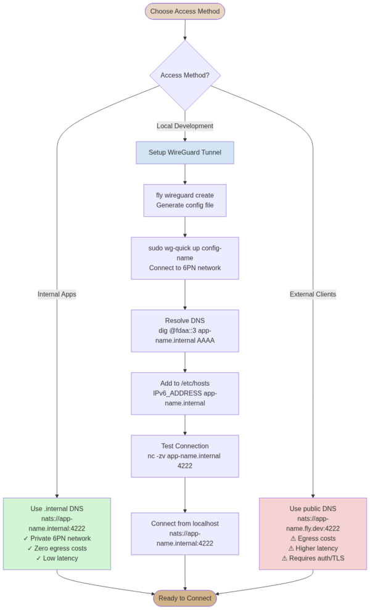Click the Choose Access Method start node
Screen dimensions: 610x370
185,11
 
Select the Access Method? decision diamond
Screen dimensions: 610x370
185,75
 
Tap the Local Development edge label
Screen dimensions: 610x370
185,126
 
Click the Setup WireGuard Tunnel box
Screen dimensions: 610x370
185,152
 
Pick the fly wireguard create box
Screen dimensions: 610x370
185,200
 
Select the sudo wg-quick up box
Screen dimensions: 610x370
185,258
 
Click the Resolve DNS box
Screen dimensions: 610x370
185,330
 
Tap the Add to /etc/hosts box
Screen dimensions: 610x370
185,393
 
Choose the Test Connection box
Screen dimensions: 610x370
185,456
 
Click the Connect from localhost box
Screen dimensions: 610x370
185,534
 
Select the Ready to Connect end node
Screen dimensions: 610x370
185,598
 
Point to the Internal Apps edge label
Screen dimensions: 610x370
57,295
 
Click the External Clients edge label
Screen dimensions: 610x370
313,295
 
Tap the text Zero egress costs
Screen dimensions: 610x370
57,548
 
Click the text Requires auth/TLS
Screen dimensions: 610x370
313,558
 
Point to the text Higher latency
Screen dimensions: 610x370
313,548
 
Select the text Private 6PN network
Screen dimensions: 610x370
57,539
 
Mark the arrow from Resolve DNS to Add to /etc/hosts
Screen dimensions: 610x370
185,362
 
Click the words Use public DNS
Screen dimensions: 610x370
313,509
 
